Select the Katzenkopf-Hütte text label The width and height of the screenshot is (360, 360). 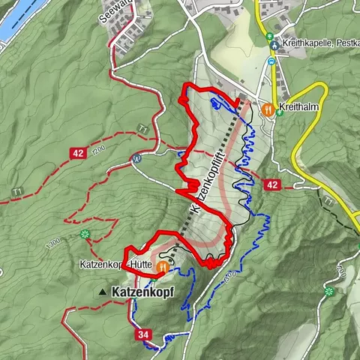112,265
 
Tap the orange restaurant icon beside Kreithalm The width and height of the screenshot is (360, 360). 268,109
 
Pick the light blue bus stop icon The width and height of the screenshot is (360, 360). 271,61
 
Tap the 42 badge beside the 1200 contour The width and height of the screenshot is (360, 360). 78,152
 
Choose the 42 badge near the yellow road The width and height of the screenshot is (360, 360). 271,184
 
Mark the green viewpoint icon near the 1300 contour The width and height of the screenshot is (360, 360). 85,234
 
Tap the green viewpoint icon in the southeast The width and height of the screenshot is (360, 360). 329,290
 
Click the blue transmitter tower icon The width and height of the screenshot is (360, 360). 136,158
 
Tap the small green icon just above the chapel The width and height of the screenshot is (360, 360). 269,34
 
